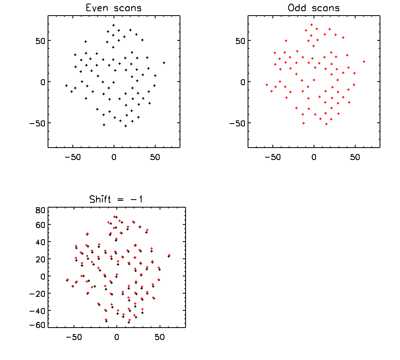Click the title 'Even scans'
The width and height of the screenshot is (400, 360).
[x=114, y=8]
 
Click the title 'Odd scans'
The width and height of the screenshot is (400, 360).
[x=314, y=8]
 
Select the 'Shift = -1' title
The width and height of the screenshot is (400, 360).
[x=116, y=199]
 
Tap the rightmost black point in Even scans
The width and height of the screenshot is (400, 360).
[x=164, y=63]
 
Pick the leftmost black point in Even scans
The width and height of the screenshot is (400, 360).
[x=66, y=86]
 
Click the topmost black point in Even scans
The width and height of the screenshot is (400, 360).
[x=114, y=25]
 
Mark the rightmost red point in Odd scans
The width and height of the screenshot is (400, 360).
[x=364, y=62]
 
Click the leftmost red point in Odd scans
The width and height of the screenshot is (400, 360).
[x=267, y=85]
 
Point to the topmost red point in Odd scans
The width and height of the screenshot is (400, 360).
[x=312, y=25]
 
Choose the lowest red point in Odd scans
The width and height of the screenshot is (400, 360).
[x=326, y=124]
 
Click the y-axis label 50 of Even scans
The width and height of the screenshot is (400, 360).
[x=40, y=41]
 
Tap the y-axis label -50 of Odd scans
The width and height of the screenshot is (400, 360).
[x=237, y=124]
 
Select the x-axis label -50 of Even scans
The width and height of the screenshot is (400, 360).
[x=73, y=157]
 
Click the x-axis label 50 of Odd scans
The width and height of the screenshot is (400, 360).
[x=355, y=157]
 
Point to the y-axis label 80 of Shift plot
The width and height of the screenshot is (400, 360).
[x=40, y=210]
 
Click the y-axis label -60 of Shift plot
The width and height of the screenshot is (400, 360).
[x=37, y=325]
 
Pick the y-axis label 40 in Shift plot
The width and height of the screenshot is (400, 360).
[x=40, y=242]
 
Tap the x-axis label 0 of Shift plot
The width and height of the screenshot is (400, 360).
[x=116, y=337]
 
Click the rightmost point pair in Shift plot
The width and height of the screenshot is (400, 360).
[x=169, y=256]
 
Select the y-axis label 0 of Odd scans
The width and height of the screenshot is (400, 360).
[x=243, y=82]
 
